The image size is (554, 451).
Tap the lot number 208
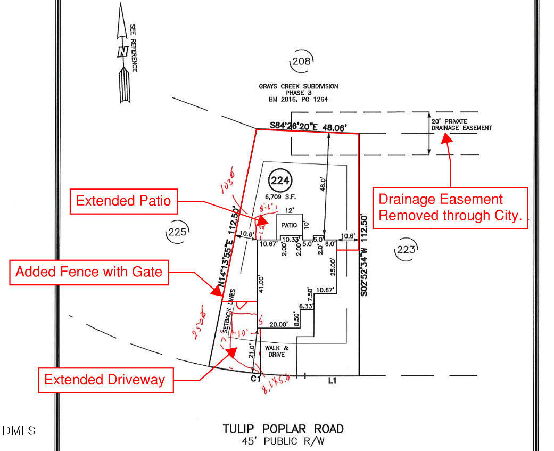301,62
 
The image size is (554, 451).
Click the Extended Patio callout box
123,201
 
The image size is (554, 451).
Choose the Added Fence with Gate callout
89,272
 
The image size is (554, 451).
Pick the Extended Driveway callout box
105,380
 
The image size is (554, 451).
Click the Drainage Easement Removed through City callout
450,208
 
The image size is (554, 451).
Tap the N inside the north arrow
122,52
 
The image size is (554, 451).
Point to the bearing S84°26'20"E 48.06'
308,127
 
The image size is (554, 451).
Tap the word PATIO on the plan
290,225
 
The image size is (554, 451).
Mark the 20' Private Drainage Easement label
461,125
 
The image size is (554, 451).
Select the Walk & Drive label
275,351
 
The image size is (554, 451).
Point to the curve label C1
254,379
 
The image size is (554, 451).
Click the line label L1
333,381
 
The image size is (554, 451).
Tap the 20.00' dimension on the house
278,324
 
